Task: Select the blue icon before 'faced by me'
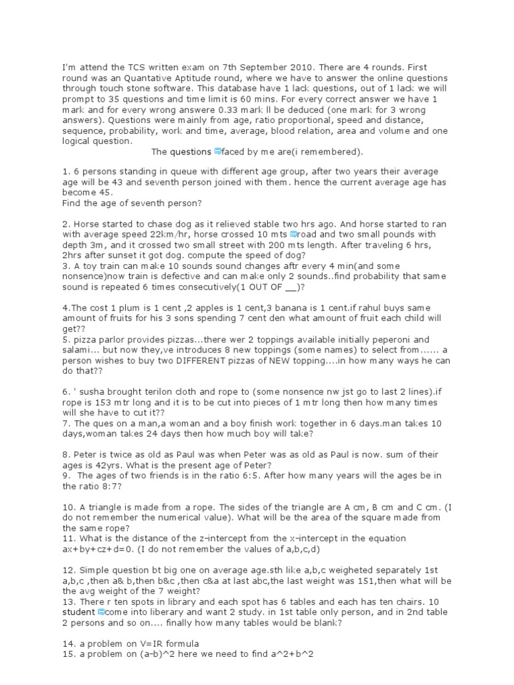pos(217,151)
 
